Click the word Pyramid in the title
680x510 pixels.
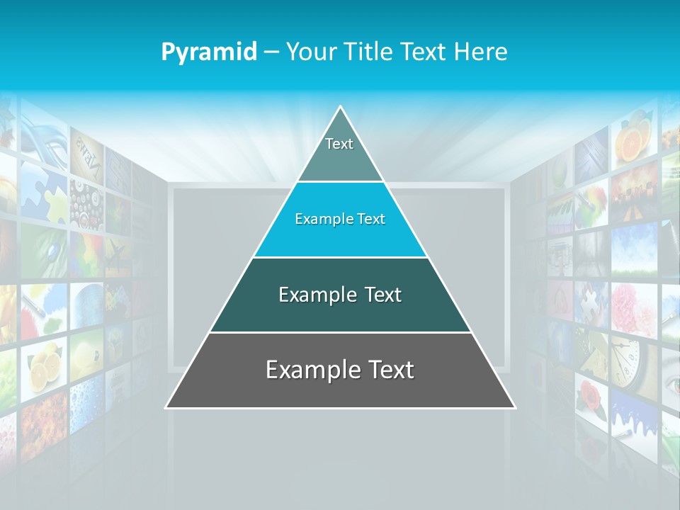208,52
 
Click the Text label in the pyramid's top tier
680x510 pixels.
339,144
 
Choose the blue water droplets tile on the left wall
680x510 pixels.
86,397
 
